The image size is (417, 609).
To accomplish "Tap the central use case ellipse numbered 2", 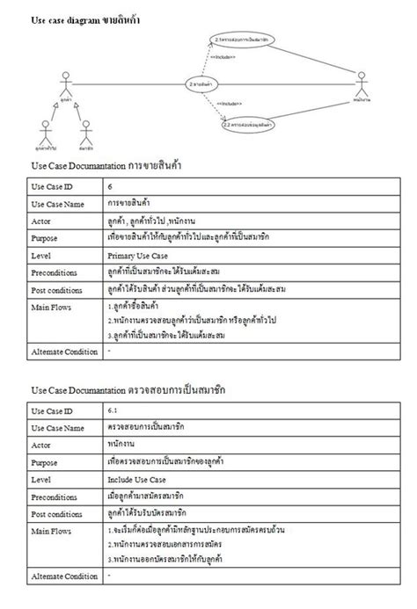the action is [x=203, y=83].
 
